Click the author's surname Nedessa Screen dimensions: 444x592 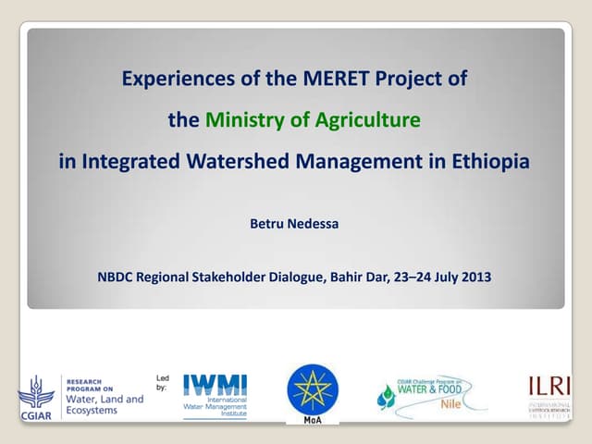pos(316,222)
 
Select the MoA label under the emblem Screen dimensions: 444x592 pos(313,419)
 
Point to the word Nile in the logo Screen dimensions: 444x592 pos(450,404)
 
